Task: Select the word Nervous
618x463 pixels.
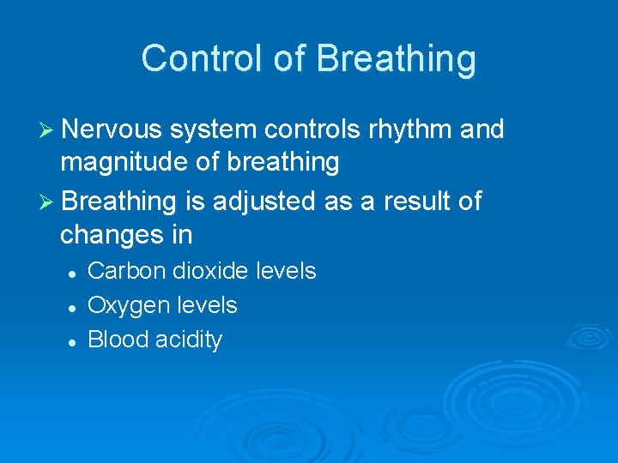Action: pos(112,129)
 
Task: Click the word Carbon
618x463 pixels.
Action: pos(127,271)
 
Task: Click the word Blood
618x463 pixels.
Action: pos(118,340)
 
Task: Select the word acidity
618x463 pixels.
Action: pos(189,340)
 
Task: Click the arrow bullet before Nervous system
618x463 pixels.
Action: pos(48,130)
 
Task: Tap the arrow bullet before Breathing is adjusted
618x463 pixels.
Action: pos(48,202)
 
